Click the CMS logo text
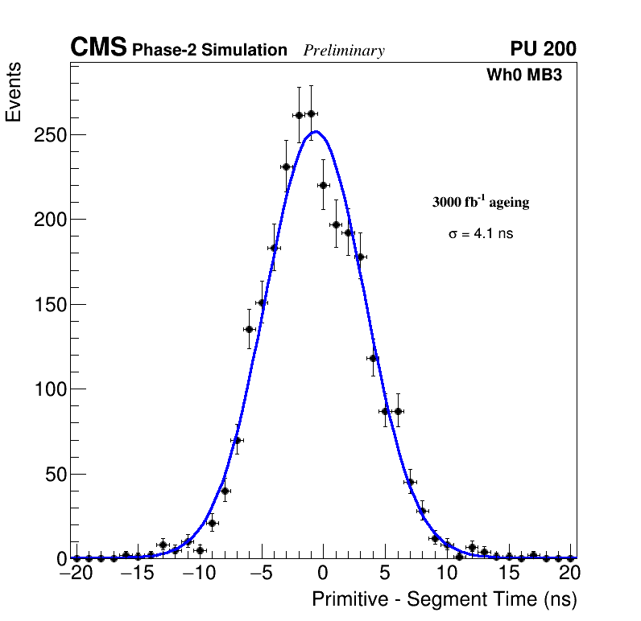pyautogui.click(x=97, y=48)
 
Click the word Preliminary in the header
pyautogui.click(x=344, y=51)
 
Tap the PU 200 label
pyautogui.click(x=543, y=49)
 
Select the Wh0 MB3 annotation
pyautogui.click(x=523, y=76)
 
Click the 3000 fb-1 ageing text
pyautogui.click(x=481, y=203)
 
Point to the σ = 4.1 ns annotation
pyautogui.click(x=481, y=234)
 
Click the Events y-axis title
pyautogui.click(x=14, y=94)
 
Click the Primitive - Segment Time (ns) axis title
pyautogui.click(x=445, y=599)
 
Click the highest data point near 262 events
pyautogui.click(x=311, y=113)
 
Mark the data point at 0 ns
pyautogui.click(x=323, y=185)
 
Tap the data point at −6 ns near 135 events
pyautogui.click(x=249, y=329)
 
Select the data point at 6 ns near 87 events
pyautogui.click(x=397, y=411)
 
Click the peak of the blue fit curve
pyautogui.click(x=316, y=131)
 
